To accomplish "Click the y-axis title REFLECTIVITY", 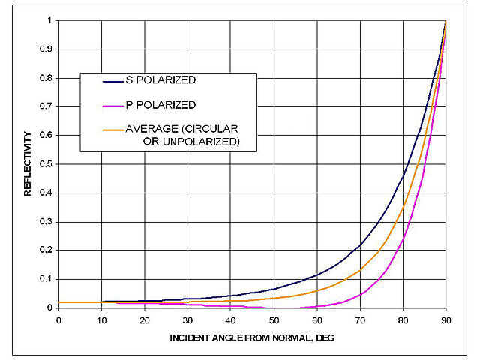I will pos(27,163).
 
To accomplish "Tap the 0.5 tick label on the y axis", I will pos(46,163).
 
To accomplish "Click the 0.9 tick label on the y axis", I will pos(46,49).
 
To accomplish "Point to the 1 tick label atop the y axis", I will pos(49,20).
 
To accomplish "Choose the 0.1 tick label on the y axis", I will pos(46,278).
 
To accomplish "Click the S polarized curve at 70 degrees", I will pos(360,244).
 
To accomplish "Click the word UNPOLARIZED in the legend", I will pos(193,140).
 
